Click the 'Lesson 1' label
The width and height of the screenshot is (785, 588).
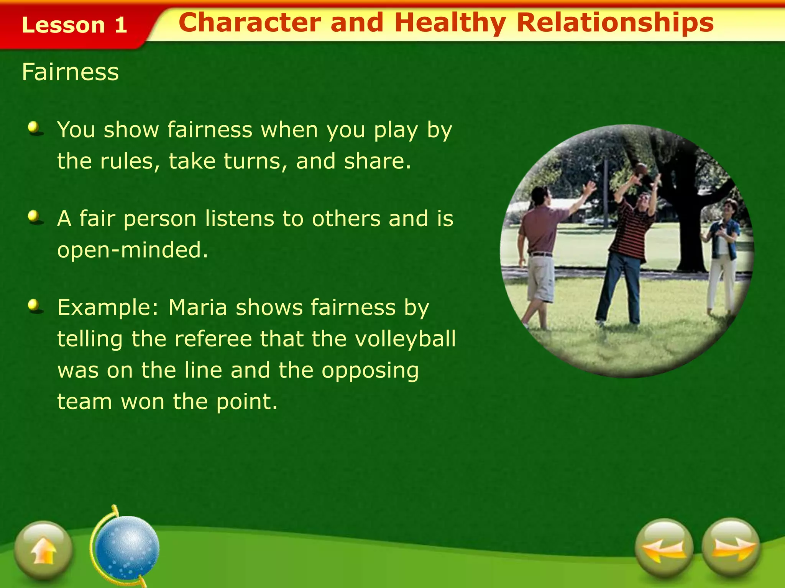click(74, 25)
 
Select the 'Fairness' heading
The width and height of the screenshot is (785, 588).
click(71, 72)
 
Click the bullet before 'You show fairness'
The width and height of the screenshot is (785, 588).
click(35, 128)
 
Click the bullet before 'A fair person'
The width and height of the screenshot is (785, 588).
click(35, 217)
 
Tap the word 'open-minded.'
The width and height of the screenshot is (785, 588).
click(133, 250)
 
